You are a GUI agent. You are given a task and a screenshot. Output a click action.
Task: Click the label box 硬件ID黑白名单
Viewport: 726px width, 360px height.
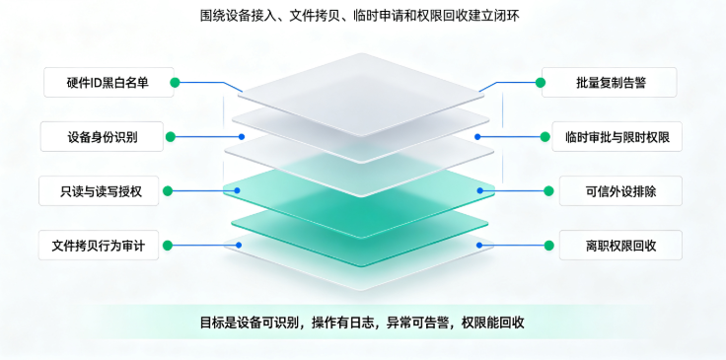point(109,83)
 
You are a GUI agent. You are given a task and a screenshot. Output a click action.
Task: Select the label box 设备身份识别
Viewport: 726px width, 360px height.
point(102,136)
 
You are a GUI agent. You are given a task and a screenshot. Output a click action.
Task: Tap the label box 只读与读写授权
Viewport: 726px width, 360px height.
point(99,190)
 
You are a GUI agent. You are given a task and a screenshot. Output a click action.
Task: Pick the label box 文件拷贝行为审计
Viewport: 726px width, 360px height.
point(99,245)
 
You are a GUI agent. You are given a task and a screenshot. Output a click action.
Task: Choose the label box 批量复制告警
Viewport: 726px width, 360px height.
point(610,83)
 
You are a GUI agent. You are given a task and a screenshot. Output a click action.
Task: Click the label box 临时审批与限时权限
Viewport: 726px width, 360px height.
point(617,136)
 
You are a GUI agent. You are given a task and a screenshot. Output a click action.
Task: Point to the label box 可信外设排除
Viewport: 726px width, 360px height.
point(620,190)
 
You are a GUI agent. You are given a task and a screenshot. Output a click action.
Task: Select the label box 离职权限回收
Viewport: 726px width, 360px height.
point(620,245)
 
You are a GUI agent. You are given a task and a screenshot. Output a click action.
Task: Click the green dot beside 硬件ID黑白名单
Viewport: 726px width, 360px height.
point(175,83)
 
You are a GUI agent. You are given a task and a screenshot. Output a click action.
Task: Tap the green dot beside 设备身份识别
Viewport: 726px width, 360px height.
point(171,136)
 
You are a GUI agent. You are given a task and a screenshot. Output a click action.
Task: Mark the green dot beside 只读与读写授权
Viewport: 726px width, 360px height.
point(168,190)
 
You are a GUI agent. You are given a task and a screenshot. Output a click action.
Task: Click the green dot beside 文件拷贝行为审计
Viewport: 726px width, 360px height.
point(168,246)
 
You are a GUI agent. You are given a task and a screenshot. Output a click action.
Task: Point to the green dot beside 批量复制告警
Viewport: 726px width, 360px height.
point(541,83)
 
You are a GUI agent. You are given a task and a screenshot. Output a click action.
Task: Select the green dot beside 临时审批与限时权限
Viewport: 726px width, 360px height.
point(544,136)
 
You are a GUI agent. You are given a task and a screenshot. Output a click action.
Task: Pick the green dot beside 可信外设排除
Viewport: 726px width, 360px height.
point(548,190)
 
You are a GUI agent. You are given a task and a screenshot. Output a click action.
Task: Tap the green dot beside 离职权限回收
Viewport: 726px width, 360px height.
point(548,246)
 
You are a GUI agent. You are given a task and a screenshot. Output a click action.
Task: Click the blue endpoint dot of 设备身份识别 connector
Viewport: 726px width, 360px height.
point(242,136)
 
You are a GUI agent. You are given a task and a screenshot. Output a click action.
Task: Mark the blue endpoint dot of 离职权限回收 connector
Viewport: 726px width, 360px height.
point(479,246)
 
